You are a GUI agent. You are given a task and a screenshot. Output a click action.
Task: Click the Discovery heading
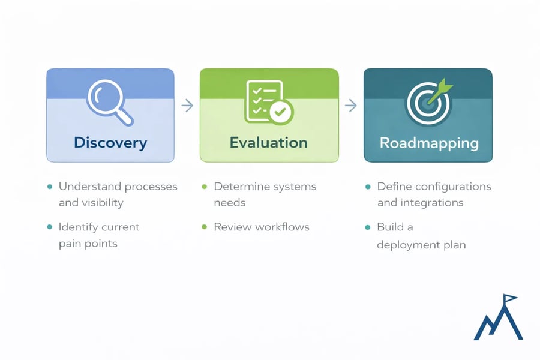(110, 143)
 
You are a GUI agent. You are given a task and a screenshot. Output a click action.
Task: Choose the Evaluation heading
(268, 143)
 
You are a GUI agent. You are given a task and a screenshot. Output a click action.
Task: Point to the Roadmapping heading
(429, 143)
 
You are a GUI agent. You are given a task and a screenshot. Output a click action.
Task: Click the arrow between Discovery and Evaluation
(187, 106)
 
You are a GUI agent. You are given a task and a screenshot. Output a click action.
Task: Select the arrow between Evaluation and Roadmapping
(350, 106)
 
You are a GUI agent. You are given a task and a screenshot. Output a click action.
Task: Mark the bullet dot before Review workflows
(204, 227)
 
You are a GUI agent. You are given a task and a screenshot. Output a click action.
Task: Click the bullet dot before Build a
(367, 227)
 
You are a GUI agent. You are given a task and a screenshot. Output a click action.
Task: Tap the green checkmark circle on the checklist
(279, 111)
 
